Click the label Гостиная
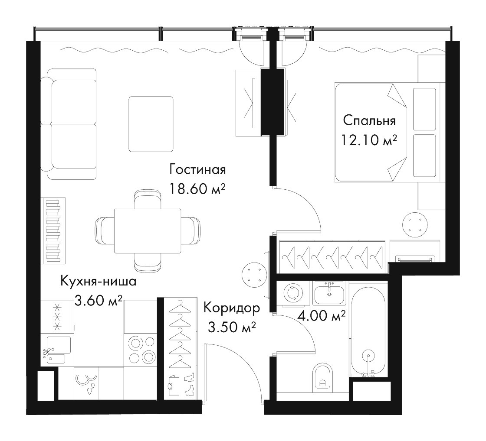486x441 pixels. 197,169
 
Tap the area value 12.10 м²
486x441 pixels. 369,140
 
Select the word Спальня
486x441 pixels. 369,121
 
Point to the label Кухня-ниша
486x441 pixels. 98,282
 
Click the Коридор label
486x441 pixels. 232,308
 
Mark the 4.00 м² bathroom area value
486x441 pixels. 322,316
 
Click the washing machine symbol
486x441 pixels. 292,293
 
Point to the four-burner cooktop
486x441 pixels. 141,350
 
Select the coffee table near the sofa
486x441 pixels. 151,124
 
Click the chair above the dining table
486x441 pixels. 148,199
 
